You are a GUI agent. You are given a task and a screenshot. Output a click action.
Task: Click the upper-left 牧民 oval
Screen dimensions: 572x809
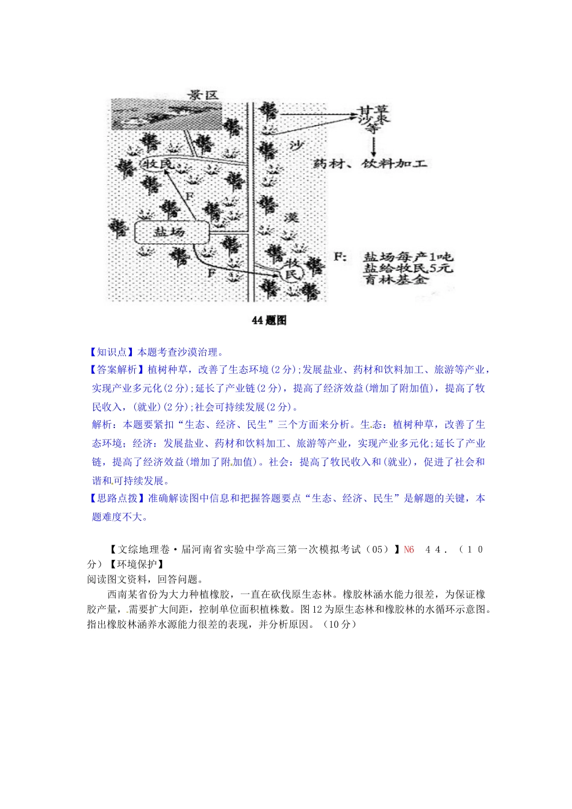click(x=158, y=164)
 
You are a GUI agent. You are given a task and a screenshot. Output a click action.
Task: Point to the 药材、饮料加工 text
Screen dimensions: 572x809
click(x=370, y=164)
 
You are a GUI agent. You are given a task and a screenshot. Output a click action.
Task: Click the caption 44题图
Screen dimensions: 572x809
click(x=269, y=320)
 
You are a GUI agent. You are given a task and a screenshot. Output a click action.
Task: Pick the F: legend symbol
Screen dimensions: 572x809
click(x=340, y=257)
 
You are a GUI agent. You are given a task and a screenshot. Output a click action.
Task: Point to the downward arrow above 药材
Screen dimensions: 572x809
click(x=374, y=146)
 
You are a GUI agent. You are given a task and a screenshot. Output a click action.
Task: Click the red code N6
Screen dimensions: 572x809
click(x=409, y=550)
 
